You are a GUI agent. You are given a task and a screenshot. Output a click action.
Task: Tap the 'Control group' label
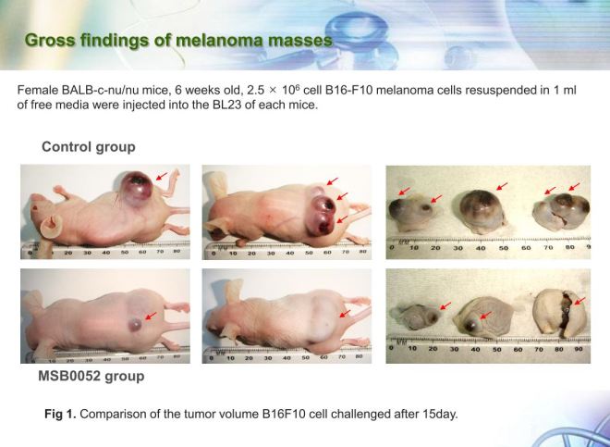89,147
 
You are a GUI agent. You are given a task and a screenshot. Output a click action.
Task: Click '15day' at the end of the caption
438,414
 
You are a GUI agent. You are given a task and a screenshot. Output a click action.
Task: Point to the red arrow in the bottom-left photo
152,317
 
